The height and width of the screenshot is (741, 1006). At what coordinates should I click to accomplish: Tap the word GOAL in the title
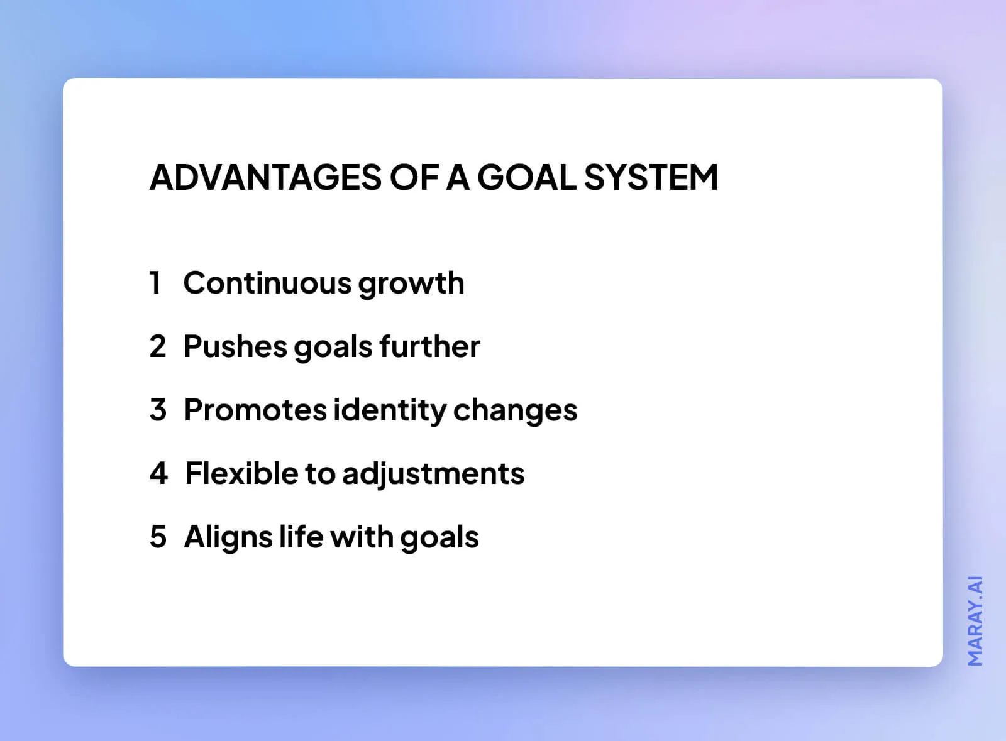[527, 177]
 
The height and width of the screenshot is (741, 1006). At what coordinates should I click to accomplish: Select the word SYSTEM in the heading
[651, 177]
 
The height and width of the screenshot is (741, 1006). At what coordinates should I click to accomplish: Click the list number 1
[155, 283]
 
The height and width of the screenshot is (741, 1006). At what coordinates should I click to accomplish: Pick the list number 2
[158, 346]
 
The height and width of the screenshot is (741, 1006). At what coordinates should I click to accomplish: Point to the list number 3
[158, 410]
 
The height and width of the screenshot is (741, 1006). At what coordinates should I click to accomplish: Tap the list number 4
[158, 473]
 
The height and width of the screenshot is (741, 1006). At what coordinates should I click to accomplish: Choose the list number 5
[158, 537]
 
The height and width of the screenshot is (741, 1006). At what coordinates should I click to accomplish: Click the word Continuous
[267, 283]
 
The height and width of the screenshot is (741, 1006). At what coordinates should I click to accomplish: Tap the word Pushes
[235, 346]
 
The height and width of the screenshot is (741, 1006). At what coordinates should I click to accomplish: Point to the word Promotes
[255, 410]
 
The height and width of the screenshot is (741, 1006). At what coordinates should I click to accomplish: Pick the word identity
[389, 410]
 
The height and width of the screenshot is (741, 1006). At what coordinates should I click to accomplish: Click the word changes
[515, 410]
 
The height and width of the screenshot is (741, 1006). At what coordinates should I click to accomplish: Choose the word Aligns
[228, 537]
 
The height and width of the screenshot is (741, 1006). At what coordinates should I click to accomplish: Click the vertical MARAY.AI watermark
[975, 620]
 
